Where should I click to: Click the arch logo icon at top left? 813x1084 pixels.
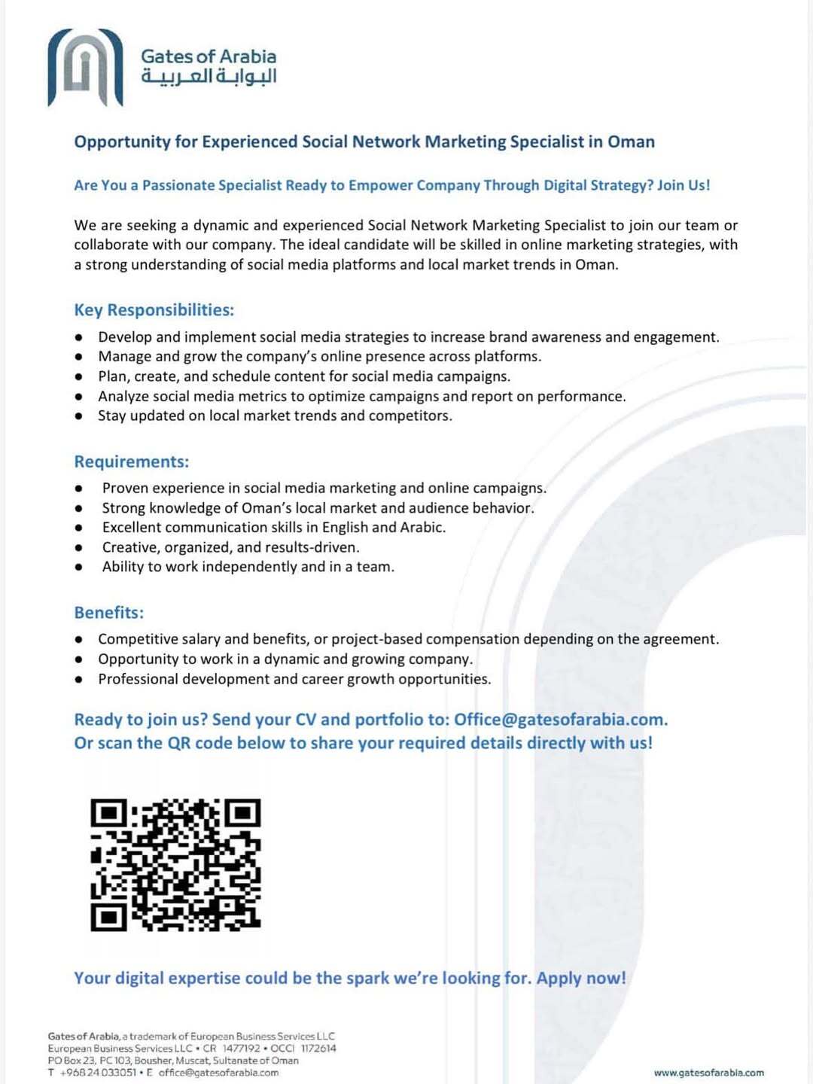[x=85, y=68]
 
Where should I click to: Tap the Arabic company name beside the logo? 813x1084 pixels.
[x=209, y=77]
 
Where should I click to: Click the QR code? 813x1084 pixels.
[x=175, y=865]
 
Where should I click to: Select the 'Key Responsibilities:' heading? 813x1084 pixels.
[x=154, y=310]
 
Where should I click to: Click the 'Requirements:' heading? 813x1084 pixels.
[x=131, y=461]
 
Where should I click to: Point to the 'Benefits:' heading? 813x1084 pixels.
[x=108, y=613]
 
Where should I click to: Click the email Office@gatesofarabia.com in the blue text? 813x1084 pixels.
[x=560, y=720]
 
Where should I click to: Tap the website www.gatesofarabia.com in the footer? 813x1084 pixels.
[x=708, y=1073]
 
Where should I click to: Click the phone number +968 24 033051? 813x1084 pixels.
[x=98, y=1073]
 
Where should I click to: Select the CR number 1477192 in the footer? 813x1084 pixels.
[x=241, y=1049]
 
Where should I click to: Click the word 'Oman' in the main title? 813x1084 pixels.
[x=631, y=142]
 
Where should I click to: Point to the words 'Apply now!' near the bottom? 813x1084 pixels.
[x=580, y=978]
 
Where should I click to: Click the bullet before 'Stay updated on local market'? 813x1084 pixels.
[x=78, y=416]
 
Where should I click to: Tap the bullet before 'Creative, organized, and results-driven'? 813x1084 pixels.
[x=78, y=548]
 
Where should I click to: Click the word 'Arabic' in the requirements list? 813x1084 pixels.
[x=422, y=528]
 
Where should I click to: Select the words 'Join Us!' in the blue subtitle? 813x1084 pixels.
[x=683, y=185]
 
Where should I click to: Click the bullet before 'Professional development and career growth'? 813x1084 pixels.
[x=78, y=680]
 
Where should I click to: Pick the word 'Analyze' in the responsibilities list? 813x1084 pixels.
[x=123, y=397]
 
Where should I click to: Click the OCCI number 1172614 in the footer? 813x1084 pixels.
[x=318, y=1049]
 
